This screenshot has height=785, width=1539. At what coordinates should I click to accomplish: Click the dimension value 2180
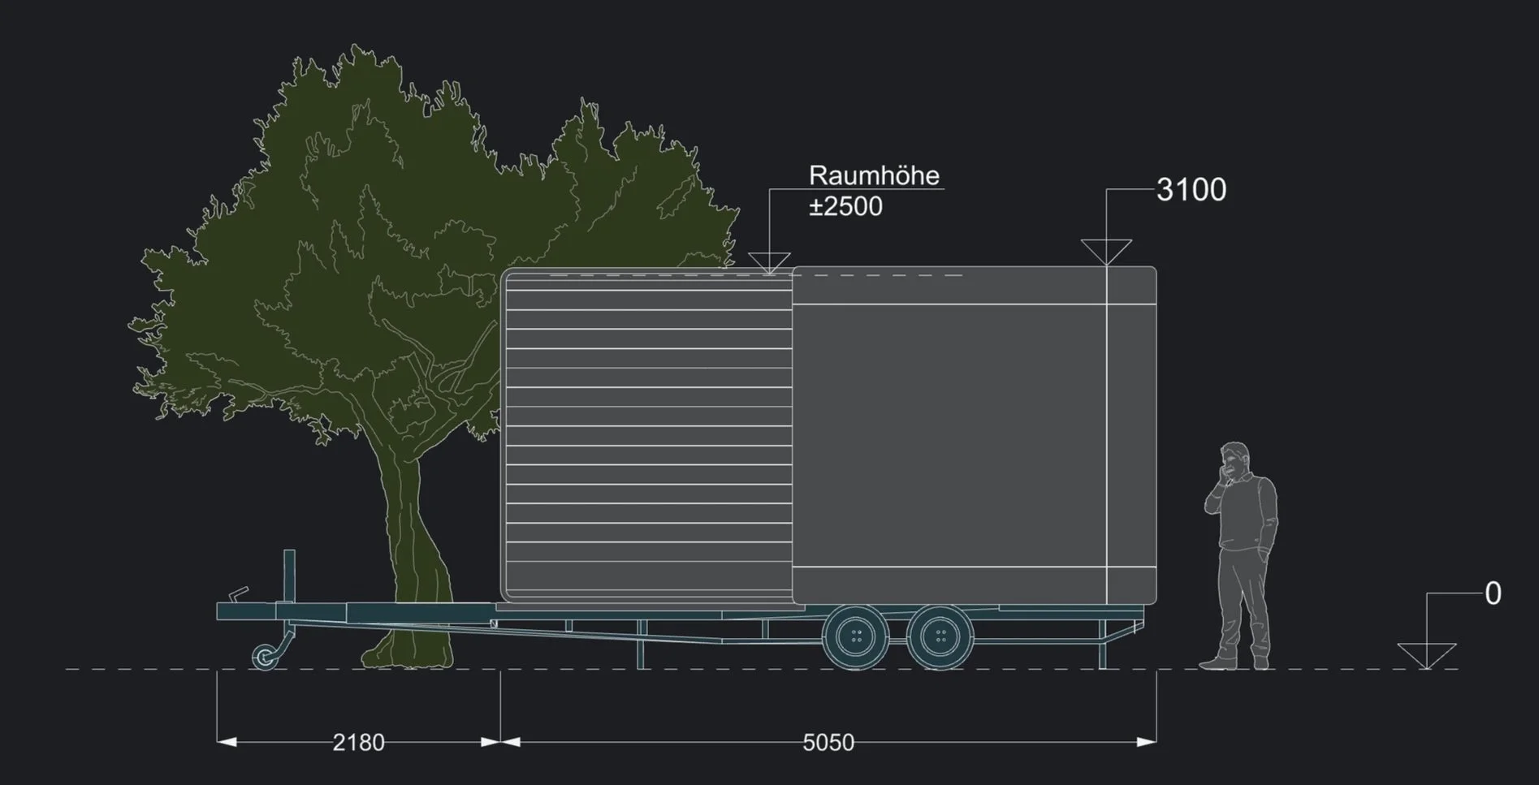click(358, 743)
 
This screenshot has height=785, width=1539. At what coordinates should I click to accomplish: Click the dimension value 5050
click(828, 743)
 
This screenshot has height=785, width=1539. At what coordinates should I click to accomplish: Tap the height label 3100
click(1191, 190)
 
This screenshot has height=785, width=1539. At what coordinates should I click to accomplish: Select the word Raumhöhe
click(874, 176)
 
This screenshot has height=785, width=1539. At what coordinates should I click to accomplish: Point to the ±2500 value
click(845, 207)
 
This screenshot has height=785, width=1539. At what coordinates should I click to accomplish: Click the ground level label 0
click(1493, 594)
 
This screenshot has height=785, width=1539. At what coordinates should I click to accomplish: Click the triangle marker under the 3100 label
click(1106, 251)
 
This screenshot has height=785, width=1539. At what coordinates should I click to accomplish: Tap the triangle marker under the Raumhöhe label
click(769, 262)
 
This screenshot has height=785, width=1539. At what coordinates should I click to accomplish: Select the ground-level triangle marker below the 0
click(1426, 654)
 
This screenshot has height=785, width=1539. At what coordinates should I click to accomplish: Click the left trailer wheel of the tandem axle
click(855, 637)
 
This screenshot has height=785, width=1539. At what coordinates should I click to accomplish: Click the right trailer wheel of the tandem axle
click(940, 637)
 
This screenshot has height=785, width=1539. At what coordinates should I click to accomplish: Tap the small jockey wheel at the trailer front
click(265, 656)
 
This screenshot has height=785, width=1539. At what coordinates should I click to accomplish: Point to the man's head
click(1234, 460)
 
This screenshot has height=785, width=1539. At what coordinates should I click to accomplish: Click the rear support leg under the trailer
click(1102, 645)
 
